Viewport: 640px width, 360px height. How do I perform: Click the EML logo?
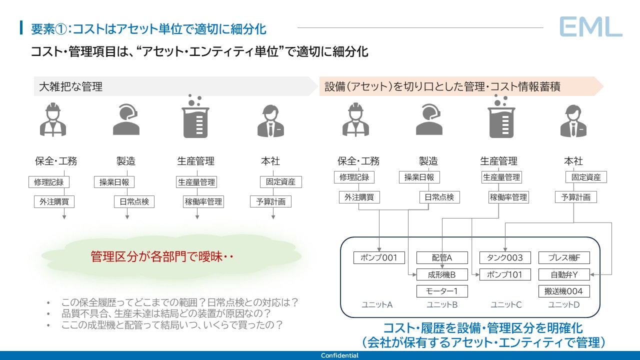tap(590, 26)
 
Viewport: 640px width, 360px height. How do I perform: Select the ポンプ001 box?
tap(378, 258)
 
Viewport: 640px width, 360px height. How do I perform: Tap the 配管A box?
tap(442, 258)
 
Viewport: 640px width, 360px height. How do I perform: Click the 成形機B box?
tap(442, 274)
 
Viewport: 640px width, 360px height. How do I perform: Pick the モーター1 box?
tap(442, 291)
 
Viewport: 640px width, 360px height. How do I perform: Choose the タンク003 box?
tap(505, 258)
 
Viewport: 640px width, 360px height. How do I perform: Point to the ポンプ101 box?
tap(505, 274)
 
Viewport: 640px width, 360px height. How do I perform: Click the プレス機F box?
tap(564, 258)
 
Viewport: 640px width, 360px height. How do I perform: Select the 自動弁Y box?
tap(564, 274)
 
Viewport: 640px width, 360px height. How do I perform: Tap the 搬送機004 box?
tap(564, 291)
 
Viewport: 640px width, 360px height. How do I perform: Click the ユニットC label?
tap(506, 304)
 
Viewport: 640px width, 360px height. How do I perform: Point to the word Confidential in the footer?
tap(339, 355)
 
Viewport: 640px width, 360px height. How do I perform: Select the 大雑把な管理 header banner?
tap(175, 86)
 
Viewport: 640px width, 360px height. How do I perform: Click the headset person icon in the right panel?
tap(428, 120)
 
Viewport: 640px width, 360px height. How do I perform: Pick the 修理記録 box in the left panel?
tap(49, 182)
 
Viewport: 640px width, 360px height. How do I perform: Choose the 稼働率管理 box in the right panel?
tap(508, 197)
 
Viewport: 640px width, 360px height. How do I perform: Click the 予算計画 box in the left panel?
tap(270, 201)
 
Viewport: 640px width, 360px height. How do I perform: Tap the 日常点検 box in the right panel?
tap(439, 197)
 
